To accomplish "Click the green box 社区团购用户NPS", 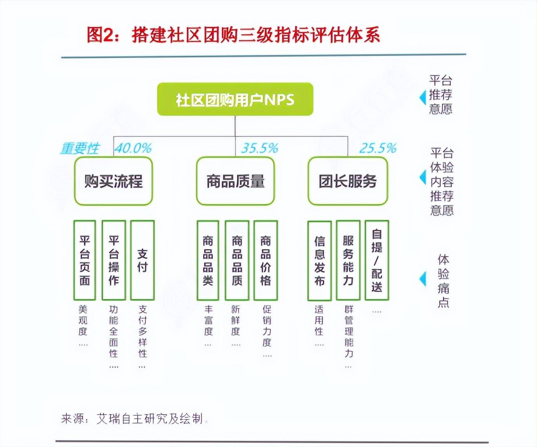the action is pos(235,99).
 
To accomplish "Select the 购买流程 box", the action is pos(113,181).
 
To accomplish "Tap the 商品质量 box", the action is pos(235,181).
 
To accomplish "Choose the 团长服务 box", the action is pos(348,181).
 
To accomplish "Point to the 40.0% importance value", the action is pos(133,148).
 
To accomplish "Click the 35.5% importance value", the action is pos(260,148).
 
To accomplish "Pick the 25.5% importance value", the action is pos(378,148).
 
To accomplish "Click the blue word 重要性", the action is pos(80,148).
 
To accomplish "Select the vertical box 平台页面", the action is pos(85,260).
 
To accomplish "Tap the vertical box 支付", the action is pos(142,260).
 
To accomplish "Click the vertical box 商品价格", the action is pos(266,260).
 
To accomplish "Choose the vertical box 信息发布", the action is pos(319,260).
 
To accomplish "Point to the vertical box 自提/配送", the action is pos(377,260).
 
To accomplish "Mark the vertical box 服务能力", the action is pos(348,260).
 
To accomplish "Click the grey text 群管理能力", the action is pos(349,331).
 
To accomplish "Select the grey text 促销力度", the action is pos(267,326).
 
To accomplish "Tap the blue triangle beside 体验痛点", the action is pos(423,279).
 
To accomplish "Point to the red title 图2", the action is pos(100,35).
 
